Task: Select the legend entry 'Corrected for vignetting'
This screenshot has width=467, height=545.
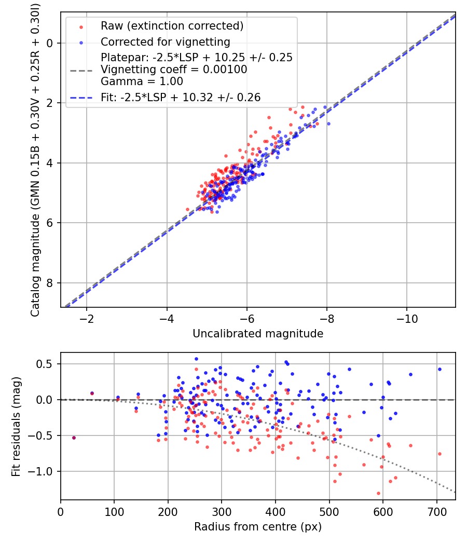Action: point(165,42)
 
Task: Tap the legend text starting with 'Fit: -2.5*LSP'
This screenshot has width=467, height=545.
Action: point(181,97)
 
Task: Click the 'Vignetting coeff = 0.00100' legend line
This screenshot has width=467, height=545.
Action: point(174,70)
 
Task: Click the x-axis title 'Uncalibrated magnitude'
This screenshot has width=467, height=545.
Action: point(258,334)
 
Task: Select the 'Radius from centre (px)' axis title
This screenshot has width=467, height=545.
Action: point(258,527)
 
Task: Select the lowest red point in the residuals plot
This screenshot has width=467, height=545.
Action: point(378,493)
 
